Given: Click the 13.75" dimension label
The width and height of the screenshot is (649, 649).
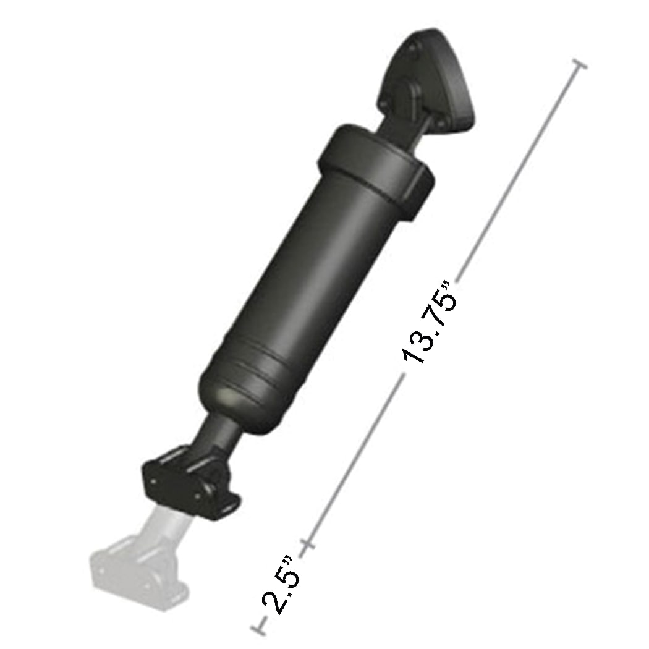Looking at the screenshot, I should (429, 324).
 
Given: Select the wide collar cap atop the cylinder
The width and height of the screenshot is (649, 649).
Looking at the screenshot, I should (371, 155).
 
